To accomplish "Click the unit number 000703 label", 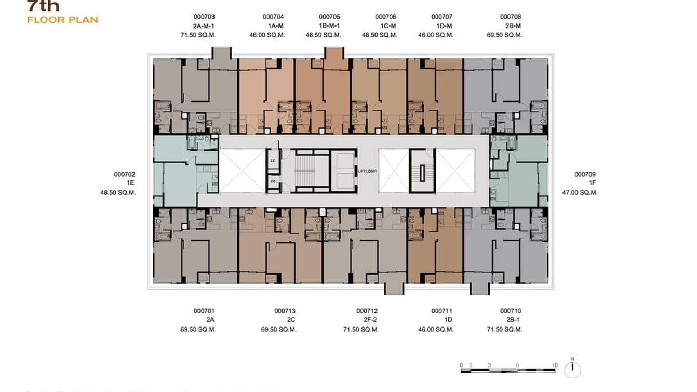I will click(204, 17).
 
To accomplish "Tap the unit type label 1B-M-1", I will click(329, 26).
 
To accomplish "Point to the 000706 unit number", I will click(385, 17).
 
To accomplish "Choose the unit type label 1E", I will click(130, 183).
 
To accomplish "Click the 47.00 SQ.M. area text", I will click(580, 192).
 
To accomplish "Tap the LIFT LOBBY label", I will click(367, 171).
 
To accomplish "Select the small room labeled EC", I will click(273, 161).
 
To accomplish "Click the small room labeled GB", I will click(273, 181).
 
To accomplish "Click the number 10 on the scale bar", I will click(555, 365).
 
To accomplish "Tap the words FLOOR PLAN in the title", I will click(62, 20).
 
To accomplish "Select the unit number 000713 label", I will click(285, 311).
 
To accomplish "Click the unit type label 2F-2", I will click(367, 320).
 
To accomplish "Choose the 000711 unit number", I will click(441, 311).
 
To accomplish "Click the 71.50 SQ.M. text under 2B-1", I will click(504, 330).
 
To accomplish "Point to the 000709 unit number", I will click(585, 174).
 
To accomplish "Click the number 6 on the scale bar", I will click(518, 365).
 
